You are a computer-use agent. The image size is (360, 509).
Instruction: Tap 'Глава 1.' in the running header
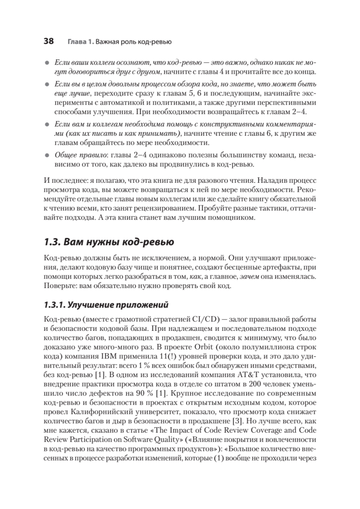[80, 42]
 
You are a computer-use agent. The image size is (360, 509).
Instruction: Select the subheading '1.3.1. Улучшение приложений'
[106, 305]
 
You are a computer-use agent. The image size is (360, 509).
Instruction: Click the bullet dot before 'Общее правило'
[47, 156]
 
